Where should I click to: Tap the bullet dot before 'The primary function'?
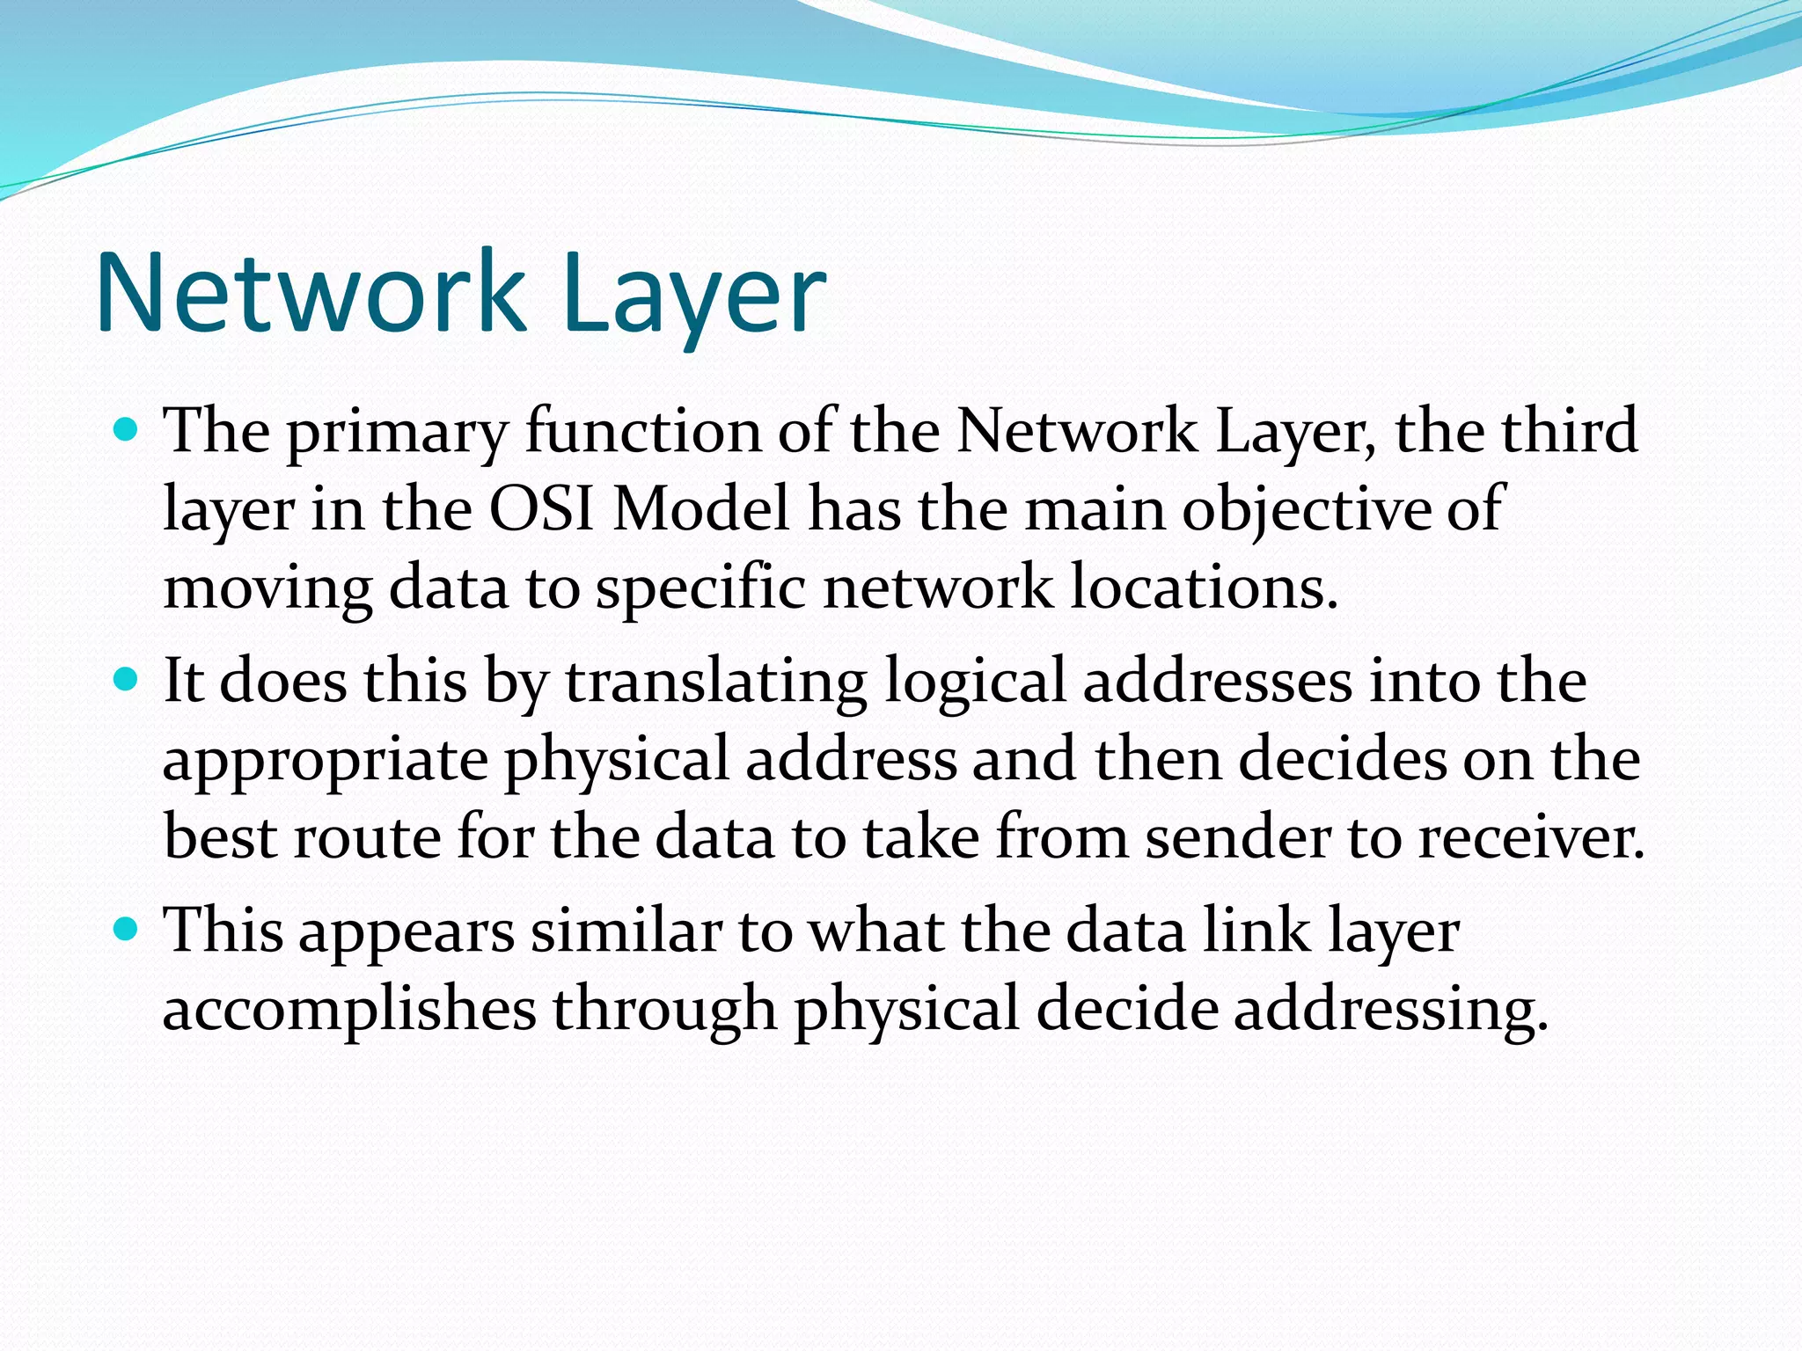coord(128,431)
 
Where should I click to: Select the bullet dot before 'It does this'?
coord(128,680)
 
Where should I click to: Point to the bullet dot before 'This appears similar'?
coord(128,930)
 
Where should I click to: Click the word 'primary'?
coord(398,433)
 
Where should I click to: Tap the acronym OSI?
coord(542,508)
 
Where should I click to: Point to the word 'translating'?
coord(715,683)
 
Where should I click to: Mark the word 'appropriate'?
coord(326,761)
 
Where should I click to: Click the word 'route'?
coord(367,836)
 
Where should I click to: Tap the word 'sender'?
coord(1238,836)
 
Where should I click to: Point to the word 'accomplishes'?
coord(349,1009)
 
